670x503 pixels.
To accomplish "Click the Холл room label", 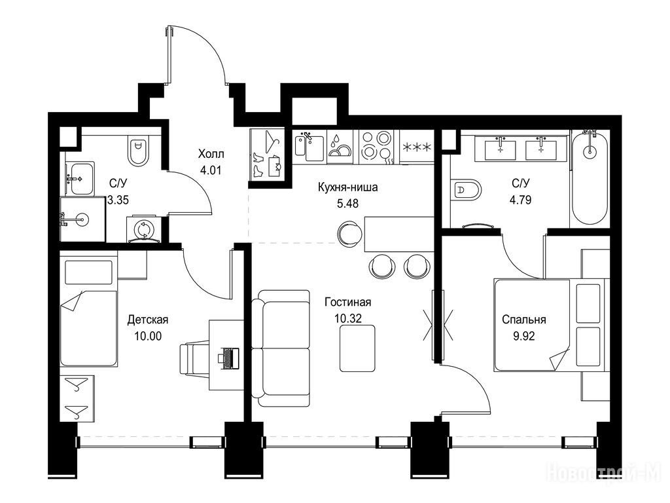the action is pyautogui.click(x=211, y=153).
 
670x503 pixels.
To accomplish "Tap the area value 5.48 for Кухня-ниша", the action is pyautogui.click(x=348, y=204).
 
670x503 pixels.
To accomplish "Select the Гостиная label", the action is pyautogui.click(x=348, y=302).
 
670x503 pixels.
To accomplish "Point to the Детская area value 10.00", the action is pyautogui.click(x=148, y=336).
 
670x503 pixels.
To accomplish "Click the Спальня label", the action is pyautogui.click(x=524, y=320).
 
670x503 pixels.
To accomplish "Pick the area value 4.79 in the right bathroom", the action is pyautogui.click(x=520, y=200).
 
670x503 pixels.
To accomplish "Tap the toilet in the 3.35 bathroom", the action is pyautogui.click(x=139, y=152).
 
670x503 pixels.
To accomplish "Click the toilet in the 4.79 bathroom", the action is pyautogui.click(x=466, y=189).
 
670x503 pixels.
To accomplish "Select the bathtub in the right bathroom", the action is pyautogui.click(x=590, y=178).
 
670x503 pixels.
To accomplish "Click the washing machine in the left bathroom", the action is pyautogui.click(x=143, y=230).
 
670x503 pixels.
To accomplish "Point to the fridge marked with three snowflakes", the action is pyautogui.click(x=417, y=146).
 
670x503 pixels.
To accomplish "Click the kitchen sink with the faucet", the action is pyautogui.click(x=309, y=145).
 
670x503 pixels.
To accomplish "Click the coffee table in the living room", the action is pyautogui.click(x=358, y=348).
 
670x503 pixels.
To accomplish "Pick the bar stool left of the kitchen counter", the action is pyautogui.click(x=351, y=234).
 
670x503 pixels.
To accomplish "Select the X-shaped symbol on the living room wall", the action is pyautogui.click(x=438, y=324).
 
